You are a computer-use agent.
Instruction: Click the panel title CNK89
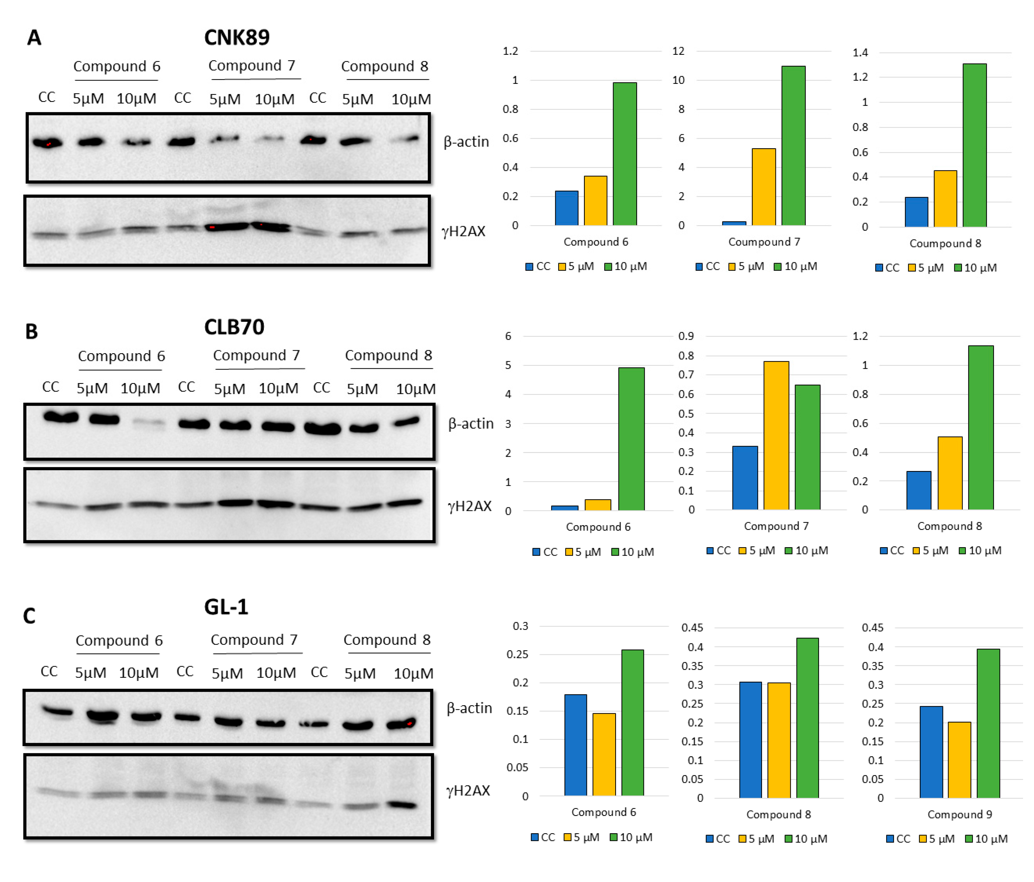(x=237, y=38)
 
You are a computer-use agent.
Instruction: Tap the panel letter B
(x=31, y=332)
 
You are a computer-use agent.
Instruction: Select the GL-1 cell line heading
(x=226, y=607)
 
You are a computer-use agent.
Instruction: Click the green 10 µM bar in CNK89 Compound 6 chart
(x=625, y=154)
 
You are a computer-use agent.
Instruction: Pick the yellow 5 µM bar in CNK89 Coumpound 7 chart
(x=764, y=187)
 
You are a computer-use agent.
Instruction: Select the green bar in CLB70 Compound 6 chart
(x=631, y=439)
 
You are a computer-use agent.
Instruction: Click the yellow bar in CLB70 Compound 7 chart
(x=776, y=435)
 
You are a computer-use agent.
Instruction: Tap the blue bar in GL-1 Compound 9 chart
(x=931, y=752)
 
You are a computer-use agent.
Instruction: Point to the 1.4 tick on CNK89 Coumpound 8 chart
(x=860, y=52)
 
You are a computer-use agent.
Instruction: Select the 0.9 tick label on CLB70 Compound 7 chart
(x=686, y=336)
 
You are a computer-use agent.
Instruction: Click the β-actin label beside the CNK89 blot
(x=466, y=142)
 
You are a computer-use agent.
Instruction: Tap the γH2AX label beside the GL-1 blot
(x=468, y=790)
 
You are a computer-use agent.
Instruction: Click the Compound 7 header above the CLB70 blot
(x=256, y=355)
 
